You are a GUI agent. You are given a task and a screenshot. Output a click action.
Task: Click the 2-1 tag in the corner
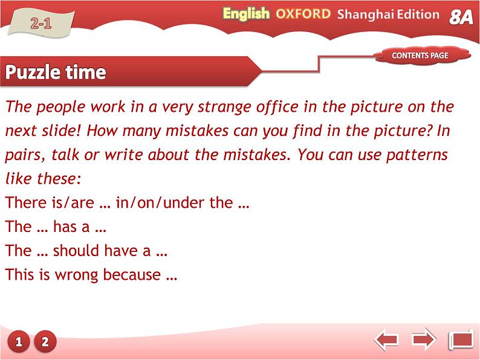pyautogui.click(x=41, y=23)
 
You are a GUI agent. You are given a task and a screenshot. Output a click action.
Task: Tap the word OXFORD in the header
pyautogui.click(x=303, y=14)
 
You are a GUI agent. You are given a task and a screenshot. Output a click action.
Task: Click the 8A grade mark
pyautogui.click(x=461, y=17)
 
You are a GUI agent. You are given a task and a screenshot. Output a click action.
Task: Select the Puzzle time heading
pyautogui.click(x=56, y=72)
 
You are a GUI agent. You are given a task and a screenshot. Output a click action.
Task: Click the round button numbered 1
pyautogui.click(x=18, y=341)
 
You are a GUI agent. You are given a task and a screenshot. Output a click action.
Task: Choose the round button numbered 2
pyautogui.click(x=45, y=341)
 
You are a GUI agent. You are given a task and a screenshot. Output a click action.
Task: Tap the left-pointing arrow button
pyautogui.click(x=386, y=339)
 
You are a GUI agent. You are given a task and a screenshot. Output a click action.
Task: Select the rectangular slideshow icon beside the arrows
pyautogui.click(x=461, y=339)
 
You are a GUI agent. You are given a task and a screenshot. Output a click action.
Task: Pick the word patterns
pyautogui.click(x=417, y=155)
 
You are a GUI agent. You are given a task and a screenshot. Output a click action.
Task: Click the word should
pyautogui.click(x=76, y=251)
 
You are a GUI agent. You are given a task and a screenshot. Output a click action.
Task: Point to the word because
pyautogui.click(x=132, y=274)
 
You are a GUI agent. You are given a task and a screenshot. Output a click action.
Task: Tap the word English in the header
pyautogui.click(x=246, y=14)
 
